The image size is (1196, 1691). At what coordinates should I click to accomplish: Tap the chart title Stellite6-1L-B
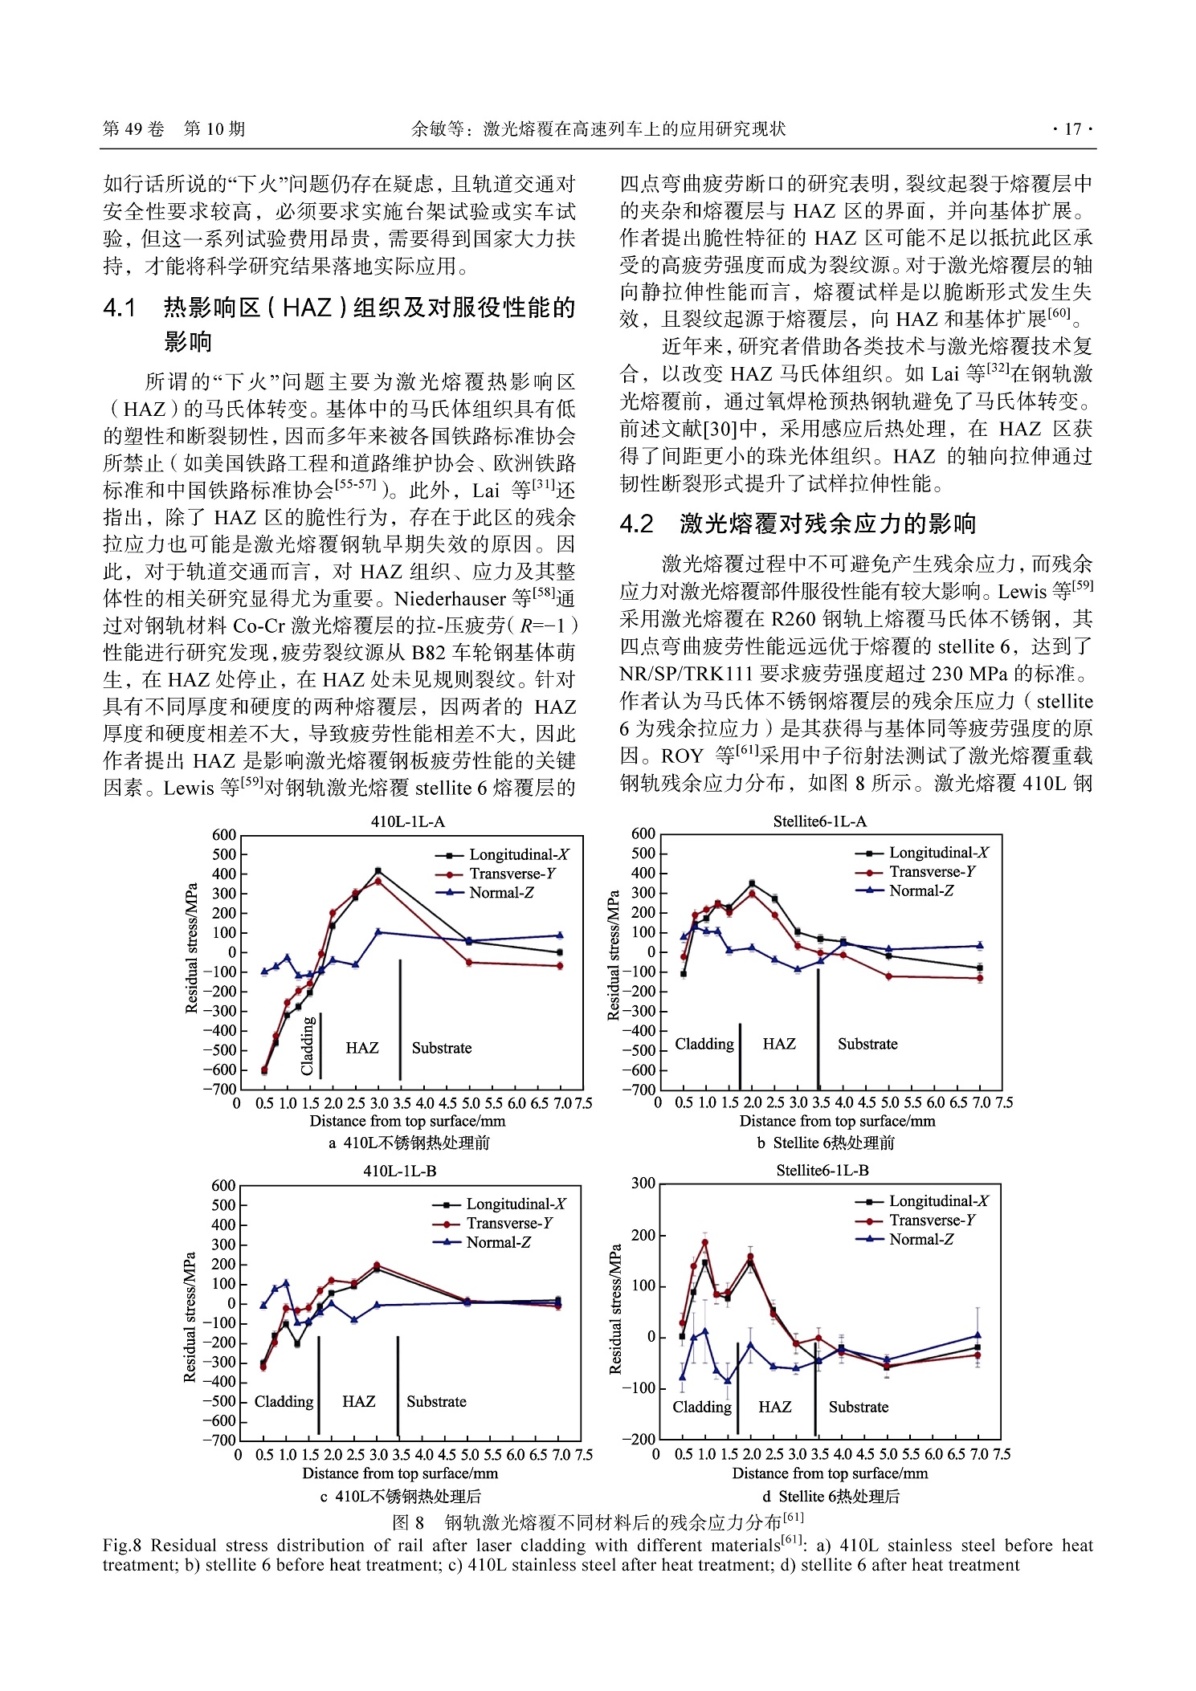click(822, 1170)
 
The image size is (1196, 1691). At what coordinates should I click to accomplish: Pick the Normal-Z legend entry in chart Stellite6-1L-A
click(921, 890)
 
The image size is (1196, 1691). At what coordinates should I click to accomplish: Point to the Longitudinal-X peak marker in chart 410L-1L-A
click(378, 871)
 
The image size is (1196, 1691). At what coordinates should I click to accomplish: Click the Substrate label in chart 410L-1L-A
click(441, 1048)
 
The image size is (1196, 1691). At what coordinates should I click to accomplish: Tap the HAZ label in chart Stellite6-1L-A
click(778, 1044)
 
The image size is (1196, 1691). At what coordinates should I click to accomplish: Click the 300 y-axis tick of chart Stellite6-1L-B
click(643, 1183)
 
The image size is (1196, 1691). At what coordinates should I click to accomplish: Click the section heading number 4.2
click(636, 524)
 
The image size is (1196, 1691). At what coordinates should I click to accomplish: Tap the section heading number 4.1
click(120, 308)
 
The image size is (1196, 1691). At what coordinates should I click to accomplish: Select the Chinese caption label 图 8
click(409, 1522)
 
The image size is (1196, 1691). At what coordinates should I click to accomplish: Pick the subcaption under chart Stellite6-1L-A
click(825, 1143)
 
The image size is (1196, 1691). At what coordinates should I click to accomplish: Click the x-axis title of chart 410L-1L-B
click(400, 1473)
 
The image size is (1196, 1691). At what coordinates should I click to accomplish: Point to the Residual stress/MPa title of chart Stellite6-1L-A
click(614, 956)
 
